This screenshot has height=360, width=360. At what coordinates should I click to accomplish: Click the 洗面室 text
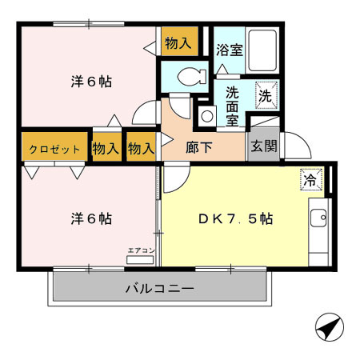(232, 106)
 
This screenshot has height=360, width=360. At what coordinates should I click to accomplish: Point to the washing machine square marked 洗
(267, 95)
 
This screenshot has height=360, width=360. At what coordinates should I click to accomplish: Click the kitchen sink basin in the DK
(318, 216)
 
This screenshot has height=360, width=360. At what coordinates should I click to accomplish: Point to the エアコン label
(142, 251)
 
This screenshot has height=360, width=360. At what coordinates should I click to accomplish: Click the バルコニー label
(158, 288)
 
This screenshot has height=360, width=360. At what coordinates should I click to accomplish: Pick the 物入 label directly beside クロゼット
(106, 149)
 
